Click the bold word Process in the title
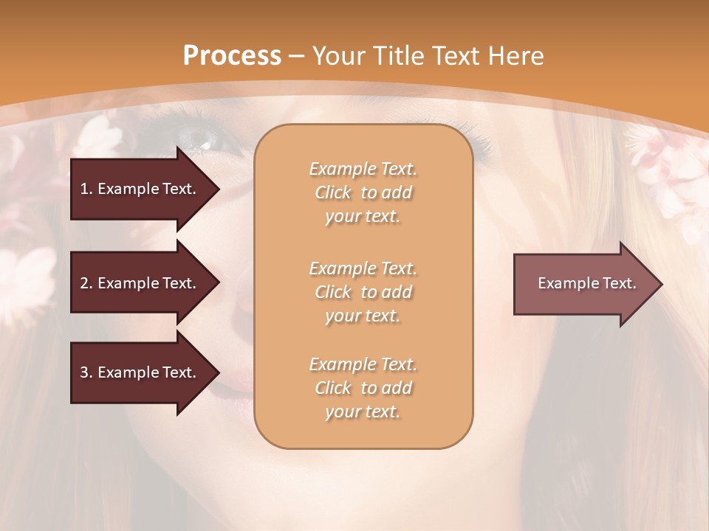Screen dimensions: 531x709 (x=232, y=56)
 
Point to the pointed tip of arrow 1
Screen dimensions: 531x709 (x=218, y=189)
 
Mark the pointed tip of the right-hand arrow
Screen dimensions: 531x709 (x=661, y=284)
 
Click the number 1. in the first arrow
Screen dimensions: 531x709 (x=86, y=189)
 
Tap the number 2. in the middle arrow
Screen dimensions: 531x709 (x=86, y=283)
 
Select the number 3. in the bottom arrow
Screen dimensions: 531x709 (x=86, y=372)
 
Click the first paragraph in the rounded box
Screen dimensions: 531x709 (x=363, y=192)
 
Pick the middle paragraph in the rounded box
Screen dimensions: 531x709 (x=363, y=292)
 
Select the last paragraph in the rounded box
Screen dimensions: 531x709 (x=363, y=388)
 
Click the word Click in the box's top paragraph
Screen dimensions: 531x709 (x=333, y=192)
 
